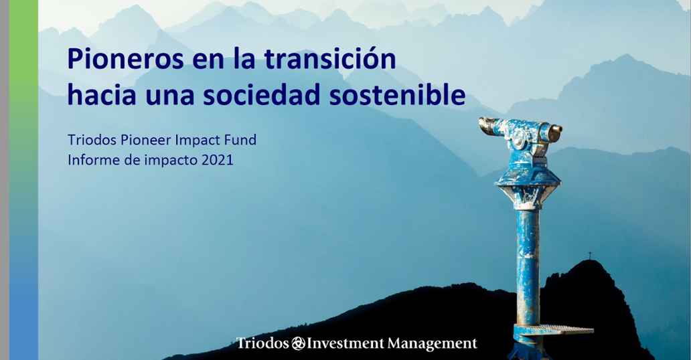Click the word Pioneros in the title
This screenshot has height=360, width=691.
pos(126,60)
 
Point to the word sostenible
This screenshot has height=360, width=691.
pos(398,96)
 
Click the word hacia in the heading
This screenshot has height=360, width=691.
pos(102,96)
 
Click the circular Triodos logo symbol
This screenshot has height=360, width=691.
pos(297,344)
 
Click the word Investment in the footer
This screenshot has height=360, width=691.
pos(345,343)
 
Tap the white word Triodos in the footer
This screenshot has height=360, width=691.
pos(262,343)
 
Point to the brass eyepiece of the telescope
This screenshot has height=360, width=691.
pos(555,132)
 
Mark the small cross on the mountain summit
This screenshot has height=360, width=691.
pos(590,255)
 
